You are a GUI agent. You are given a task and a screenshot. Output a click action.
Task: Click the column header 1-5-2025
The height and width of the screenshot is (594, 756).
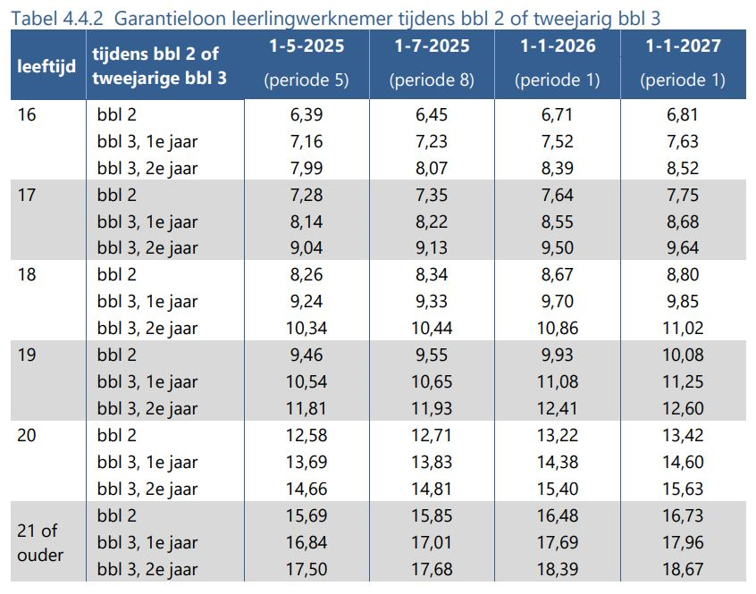coord(306,46)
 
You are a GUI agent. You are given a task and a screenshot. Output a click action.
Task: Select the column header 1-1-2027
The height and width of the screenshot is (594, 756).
coord(683,46)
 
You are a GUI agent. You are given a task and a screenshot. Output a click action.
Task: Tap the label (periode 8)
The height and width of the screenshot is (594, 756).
coord(432,80)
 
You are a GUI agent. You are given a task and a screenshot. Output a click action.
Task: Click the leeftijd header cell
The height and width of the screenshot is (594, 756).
coord(46,66)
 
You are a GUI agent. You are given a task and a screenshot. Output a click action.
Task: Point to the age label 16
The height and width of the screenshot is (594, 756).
coord(27,114)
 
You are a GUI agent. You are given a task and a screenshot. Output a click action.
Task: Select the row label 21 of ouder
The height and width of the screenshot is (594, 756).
coord(41,542)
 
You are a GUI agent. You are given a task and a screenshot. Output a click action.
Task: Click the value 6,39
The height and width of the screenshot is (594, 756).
coord(306,114)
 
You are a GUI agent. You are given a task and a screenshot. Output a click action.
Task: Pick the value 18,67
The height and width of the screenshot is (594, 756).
coord(683,569)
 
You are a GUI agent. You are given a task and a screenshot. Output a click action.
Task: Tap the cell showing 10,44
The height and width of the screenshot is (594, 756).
coord(432,328)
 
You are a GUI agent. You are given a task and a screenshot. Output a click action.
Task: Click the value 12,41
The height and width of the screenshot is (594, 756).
coord(558,408)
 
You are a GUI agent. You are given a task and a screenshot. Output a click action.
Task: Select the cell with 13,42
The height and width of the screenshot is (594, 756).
coord(683,435)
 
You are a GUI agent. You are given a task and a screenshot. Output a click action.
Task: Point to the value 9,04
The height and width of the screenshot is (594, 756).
coord(306,247)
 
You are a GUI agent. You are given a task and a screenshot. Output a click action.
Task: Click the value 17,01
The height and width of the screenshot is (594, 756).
coord(432,542)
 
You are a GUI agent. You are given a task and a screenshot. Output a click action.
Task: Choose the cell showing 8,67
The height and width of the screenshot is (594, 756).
coord(558,274)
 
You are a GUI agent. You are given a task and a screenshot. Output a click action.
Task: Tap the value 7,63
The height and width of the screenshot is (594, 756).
coord(683,141)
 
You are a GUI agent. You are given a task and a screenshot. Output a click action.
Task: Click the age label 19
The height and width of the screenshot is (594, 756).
coord(27,355)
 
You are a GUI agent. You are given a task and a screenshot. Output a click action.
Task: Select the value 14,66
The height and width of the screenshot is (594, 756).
coord(306,489)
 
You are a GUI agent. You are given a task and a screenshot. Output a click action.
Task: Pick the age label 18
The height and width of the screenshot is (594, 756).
coord(27,274)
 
